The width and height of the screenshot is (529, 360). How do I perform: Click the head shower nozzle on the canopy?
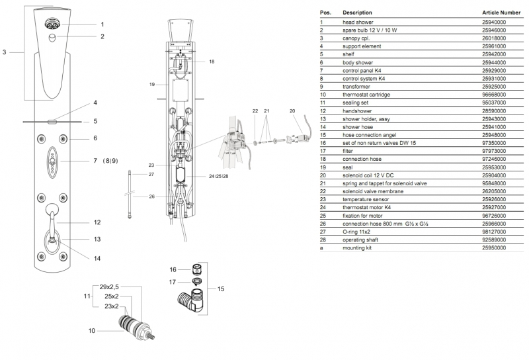(52, 24)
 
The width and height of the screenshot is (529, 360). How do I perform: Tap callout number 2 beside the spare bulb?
(102, 36)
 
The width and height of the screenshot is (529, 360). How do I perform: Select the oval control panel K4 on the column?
(52, 162)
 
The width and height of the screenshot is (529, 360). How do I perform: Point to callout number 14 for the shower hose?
(97, 258)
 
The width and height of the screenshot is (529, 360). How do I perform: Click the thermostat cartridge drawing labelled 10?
(137, 326)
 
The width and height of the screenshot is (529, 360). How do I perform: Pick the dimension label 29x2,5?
(109, 287)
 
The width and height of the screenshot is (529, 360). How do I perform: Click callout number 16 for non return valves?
(173, 269)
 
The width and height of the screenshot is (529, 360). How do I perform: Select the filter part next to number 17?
(197, 281)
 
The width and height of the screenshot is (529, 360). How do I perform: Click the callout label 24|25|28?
(218, 176)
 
